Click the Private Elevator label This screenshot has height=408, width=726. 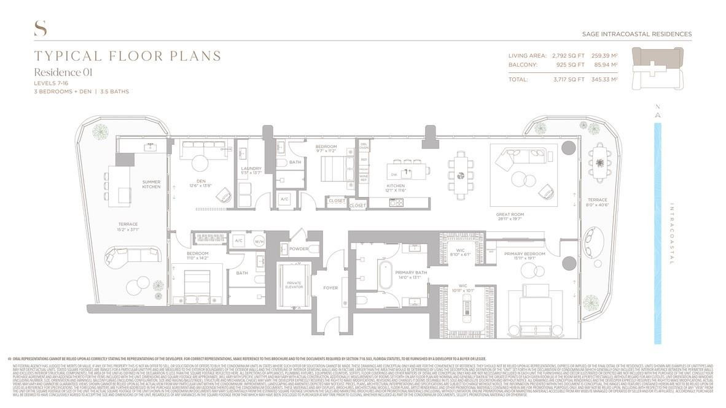(294, 285)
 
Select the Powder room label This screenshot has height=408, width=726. (299, 248)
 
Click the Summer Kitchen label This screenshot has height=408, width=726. (151, 185)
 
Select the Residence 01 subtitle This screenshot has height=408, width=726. (63, 72)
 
